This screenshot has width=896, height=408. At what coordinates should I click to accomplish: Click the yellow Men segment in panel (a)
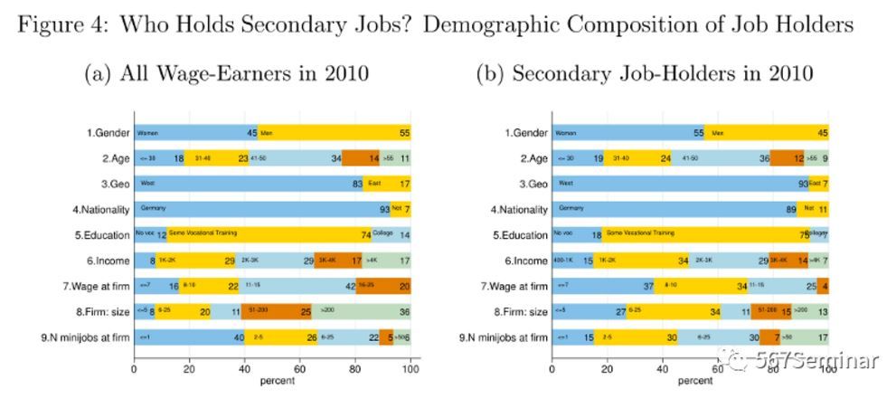(335, 133)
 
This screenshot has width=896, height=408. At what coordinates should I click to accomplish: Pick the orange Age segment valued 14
(362, 158)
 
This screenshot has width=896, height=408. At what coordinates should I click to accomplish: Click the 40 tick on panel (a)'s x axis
(245, 369)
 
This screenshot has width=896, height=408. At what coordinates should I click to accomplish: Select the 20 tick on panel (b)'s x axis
(608, 369)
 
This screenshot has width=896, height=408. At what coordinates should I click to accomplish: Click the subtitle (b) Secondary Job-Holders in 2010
(645, 73)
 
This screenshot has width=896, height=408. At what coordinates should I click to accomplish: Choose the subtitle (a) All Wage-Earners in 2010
(226, 73)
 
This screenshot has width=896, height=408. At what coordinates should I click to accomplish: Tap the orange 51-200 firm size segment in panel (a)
(276, 312)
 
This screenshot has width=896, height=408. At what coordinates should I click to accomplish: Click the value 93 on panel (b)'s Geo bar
(802, 185)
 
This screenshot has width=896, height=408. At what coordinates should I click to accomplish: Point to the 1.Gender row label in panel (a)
(108, 133)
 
